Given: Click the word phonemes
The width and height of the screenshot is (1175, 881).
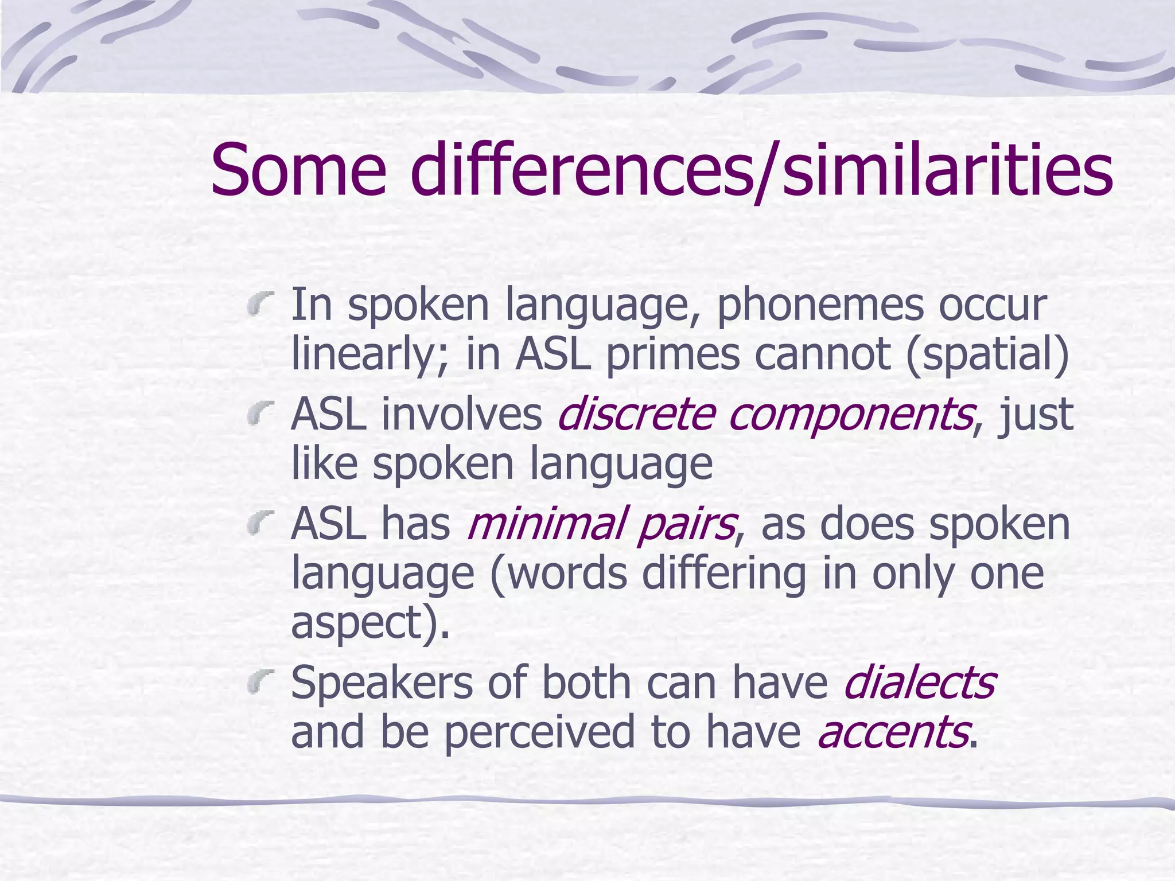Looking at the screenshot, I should [x=820, y=306].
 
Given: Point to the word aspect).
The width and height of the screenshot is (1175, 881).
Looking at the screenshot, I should [x=370, y=624].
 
